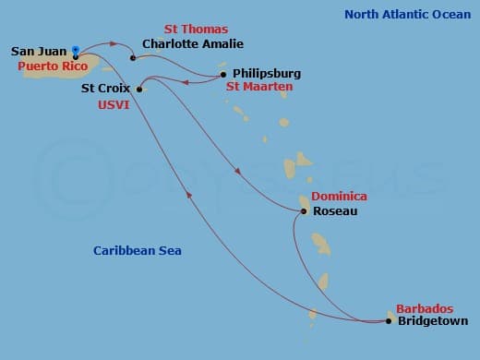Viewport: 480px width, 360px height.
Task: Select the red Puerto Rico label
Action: (48, 66)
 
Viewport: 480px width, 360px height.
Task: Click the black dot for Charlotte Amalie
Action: (133, 57)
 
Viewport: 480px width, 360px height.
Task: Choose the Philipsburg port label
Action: (267, 73)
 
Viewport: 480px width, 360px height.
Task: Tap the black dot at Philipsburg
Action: (223, 74)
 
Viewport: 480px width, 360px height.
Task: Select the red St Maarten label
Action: (259, 86)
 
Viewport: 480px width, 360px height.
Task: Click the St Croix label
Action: (106, 90)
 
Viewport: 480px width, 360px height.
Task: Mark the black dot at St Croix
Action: (139, 90)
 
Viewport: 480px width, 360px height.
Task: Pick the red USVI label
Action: (113, 105)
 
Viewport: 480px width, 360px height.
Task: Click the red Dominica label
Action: (339, 197)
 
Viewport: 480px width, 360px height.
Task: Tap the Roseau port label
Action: (335, 211)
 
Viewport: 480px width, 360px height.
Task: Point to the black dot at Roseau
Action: (304, 211)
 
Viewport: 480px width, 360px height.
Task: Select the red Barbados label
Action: (424, 308)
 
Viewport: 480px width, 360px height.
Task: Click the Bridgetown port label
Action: (432, 321)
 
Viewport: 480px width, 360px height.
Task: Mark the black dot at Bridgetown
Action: (389, 321)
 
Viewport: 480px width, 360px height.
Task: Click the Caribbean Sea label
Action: (138, 251)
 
